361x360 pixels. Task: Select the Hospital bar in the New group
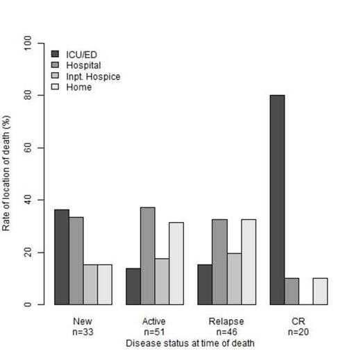(x=76, y=261)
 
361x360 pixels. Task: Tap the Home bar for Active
(x=176, y=264)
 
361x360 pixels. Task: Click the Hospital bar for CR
(x=292, y=291)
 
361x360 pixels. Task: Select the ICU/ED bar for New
(x=62, y=257)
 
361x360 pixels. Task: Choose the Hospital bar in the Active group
(x=148, y=256)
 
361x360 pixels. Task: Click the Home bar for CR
(x=319, y=291)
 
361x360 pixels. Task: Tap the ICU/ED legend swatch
(x=56, y=54)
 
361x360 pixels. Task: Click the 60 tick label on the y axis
(x=29, y=148)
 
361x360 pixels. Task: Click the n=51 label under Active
(x=155, y=332)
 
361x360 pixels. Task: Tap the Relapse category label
(x=226, y=322)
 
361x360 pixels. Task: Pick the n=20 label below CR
(x=299, y=332)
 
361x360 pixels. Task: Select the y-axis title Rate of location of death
(x=9, y=173)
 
